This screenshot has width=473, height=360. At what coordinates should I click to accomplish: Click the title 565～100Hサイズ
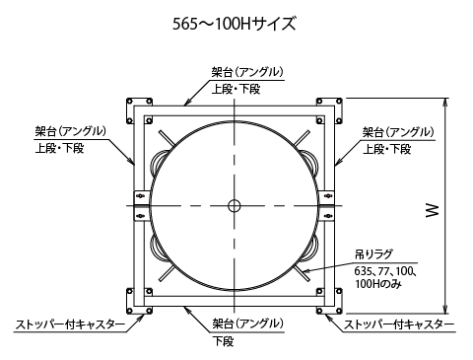tap(235, 24)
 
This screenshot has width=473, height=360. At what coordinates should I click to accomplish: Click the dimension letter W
tap(433, 210)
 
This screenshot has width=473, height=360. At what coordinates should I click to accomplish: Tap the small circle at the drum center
tap(235, 206)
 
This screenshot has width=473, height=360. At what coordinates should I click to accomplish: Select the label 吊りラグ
tap(373, 254)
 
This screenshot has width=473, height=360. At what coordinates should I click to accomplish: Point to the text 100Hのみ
tap(377, 283)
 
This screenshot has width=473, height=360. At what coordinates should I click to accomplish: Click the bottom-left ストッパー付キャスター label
tap(70, 324)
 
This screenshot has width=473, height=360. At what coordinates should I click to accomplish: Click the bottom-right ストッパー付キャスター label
tap(399, 324)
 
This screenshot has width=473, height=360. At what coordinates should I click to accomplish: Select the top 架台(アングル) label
tap(247, 72)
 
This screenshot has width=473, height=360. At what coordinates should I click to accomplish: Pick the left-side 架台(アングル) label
tap(71, 132)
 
